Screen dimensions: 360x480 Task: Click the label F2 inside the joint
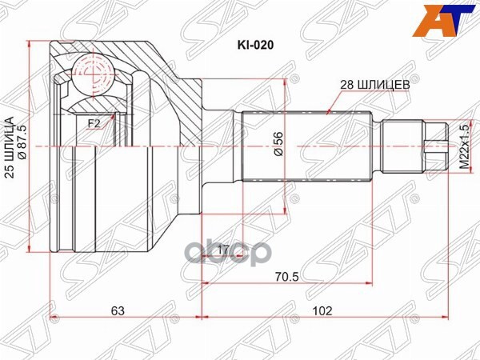pyautogui.click(x=94, y=122)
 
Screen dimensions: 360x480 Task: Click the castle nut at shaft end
pyautogui.click(x=432, y=147)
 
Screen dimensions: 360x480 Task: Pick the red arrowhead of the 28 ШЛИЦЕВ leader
pyautogui.click(x=329, y=113)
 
